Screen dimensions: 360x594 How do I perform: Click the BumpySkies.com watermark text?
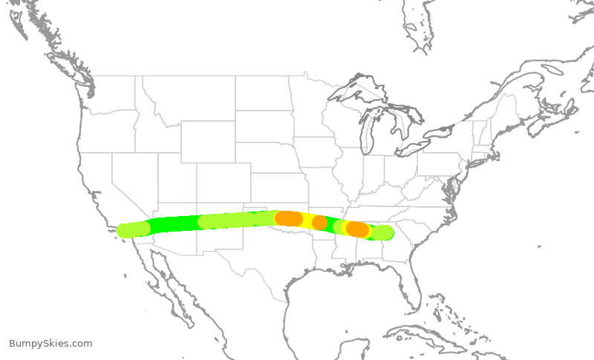click(x=50, y=343)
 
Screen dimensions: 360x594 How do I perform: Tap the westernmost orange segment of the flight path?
click(x=289, y=218)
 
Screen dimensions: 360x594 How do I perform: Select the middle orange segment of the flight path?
click(x=320, y=222)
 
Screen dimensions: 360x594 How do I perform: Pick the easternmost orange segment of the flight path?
click(x=358, y=229)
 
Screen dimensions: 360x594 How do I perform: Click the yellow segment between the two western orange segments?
click(x=306, y=220)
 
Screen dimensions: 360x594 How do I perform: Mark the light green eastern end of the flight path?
click(x=382, y=233)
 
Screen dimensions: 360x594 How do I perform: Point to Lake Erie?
click(x=419, y=148)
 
